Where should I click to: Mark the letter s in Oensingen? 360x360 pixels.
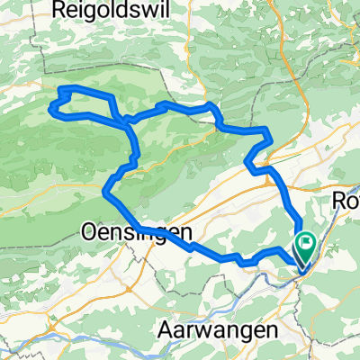(x=126, y=230)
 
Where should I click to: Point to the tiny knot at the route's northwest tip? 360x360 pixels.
(x=65, y=91)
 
